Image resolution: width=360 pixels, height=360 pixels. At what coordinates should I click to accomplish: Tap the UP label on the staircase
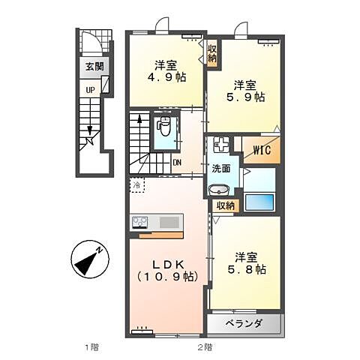[89, 90]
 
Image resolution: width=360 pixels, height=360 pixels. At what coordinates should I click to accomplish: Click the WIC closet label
[262, 149]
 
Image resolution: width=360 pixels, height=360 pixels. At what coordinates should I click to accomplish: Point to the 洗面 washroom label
[220, 169]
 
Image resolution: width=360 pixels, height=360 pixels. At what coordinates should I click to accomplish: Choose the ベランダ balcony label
[243, 323]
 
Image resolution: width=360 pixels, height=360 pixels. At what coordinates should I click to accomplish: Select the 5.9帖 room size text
[247, 97]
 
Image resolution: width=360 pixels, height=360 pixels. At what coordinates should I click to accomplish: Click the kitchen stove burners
[140, 222]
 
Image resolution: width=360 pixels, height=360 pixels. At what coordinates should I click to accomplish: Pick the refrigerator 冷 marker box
[138, 184]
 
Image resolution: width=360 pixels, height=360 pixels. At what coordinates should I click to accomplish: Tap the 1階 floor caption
[91, 346]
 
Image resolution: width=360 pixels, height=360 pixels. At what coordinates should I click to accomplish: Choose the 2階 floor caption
[204, 346]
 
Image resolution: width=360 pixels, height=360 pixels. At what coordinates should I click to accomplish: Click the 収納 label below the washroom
[225, 205]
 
